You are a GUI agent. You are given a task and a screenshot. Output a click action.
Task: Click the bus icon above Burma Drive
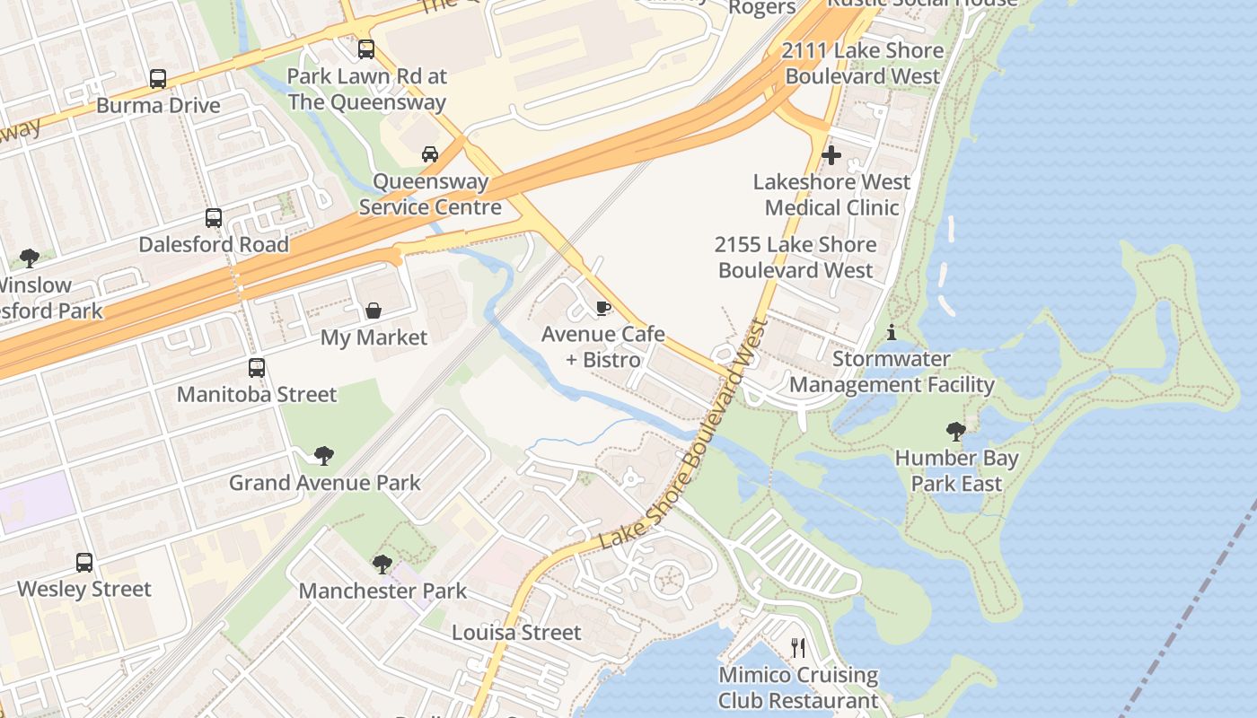pyautogui.click(x=158, y=79)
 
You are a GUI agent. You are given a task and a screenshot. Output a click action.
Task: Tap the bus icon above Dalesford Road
pyautogui.click(x=214, y=218)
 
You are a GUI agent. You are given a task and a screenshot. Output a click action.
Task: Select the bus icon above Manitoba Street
pyautogui.click(x=257, y=368)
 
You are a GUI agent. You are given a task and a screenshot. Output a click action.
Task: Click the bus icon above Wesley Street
pyautogui.click(x=84, y=563)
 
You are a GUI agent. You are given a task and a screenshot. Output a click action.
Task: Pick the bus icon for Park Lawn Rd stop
pyautogui.click(x=366, y=49)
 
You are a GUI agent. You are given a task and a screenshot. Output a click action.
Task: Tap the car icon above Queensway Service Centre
pyautogui.click(x=430, y=154)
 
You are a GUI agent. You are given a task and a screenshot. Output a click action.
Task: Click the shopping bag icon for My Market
pyautogui.click(x=373, y=311)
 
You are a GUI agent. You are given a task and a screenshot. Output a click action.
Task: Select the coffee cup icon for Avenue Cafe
pyautogui.click(x=603, y=308)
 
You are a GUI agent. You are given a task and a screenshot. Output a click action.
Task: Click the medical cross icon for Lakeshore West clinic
pyautogui.click(x=831, y=155)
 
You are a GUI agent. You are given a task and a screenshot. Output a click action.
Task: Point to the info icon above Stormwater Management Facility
pyautogui.click(x=891, y=333)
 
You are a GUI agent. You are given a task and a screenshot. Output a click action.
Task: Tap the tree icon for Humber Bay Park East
pyautogui.click(x=956, y=432)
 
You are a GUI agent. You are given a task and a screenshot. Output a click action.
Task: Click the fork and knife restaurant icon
pyautogui.click(x=797, y=648)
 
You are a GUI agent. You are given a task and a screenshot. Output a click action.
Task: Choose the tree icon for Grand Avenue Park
pyautogui.click(x=324, y=456)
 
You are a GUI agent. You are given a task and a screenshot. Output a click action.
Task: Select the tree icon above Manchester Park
pyautogui.click(x=382, y=565)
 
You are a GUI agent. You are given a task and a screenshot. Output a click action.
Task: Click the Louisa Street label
pyautogui.click(x=516, y=633)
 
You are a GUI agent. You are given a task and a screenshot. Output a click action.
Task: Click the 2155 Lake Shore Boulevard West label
pyautogui.click(x=796, y=258)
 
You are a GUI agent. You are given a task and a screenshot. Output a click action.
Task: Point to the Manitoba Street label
pyautogui.click(x=257, y=394)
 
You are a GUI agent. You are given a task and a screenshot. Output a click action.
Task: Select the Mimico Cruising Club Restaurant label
pyautogui.click(x=798, y=687)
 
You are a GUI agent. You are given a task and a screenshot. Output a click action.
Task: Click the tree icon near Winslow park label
pyautogui.click(x=30, y=258)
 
